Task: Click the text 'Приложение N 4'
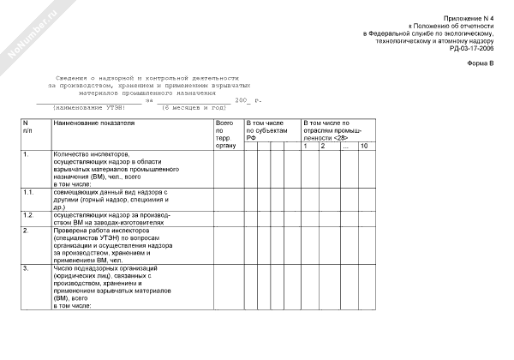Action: coord(469,19)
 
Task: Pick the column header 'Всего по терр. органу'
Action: coord(224,136)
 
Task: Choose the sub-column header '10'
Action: coord(364,147)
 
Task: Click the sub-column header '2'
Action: coord(323,147)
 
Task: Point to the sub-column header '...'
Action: coord(344,147)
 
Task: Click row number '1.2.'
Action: coord(28,214)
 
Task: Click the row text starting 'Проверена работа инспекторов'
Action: coord(103,231)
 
